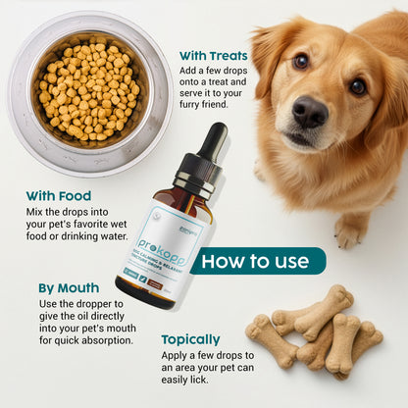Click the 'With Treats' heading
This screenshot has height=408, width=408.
click(214, 56)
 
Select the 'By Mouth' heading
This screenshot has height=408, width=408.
click(69, 287)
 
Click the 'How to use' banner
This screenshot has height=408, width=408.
click(258, 261)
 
